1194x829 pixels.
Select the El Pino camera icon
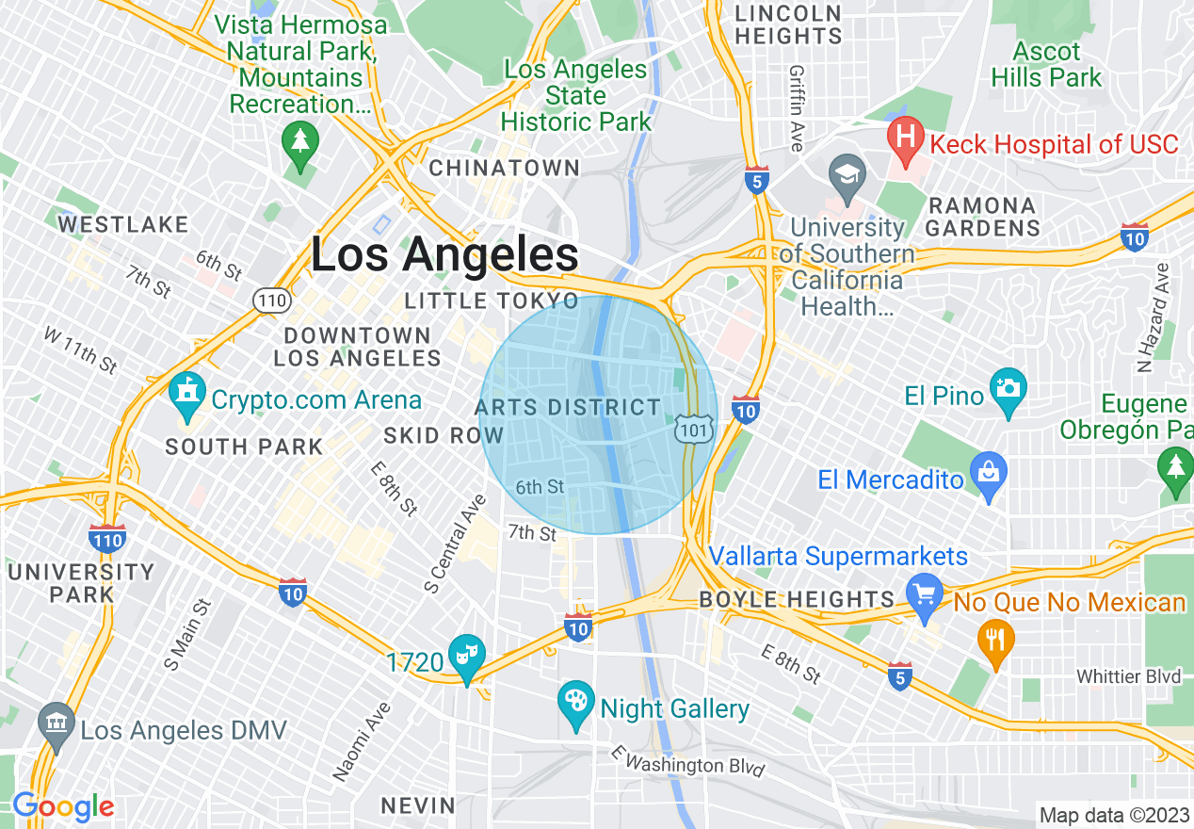pyautogui.click(x=1008, y=392)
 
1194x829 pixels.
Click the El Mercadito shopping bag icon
pyautogui.click(x=988, y=476)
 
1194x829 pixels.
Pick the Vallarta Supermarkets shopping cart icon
pyautogui.click(x=925, y=596)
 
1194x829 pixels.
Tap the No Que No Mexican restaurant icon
pyautogui.click(x=994, y=642)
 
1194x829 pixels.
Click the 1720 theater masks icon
pyautogui.click(x=466, y=657)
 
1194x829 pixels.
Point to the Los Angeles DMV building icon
pyautogui.click(x=56, y=724)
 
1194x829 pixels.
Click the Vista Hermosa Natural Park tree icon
pyautogui.click(x=300, y=143)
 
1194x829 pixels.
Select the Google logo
pyautogui.click(x=63, y=805)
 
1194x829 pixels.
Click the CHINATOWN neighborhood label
pyautogui.click(x=504, y=168)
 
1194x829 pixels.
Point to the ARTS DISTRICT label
pyautogui.click(x=568, y=407)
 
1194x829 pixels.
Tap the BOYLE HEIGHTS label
pyautogui.click(x=797, y=599)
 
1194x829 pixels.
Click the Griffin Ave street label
pyautogui.click(x=797, y=108)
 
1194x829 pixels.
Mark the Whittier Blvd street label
pyautogui.click(x=1129, y=676)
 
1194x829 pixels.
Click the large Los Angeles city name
pyautogui.click(x=444, y=254)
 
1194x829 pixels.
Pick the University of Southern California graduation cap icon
pyautogui.click(x=847, y=175)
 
